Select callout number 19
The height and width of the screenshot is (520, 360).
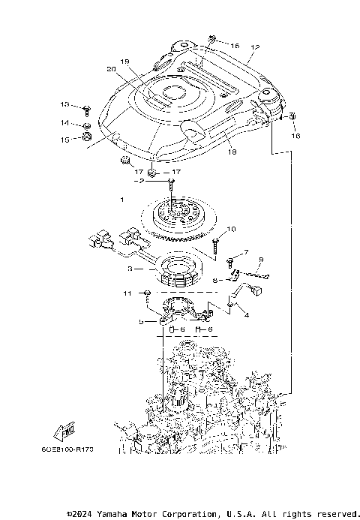124,62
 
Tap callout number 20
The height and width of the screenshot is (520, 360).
112,69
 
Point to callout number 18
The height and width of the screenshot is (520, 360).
230,152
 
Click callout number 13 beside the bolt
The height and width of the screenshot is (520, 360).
64,104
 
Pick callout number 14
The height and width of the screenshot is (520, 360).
64,122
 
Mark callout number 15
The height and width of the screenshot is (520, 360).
64,139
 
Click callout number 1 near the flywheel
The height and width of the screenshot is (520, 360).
121,200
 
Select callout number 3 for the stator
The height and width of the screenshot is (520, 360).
129,268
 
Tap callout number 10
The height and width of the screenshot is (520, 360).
231,229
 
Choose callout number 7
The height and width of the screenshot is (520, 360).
245,252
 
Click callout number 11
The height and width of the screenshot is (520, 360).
127,293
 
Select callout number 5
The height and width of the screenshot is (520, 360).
140,320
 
